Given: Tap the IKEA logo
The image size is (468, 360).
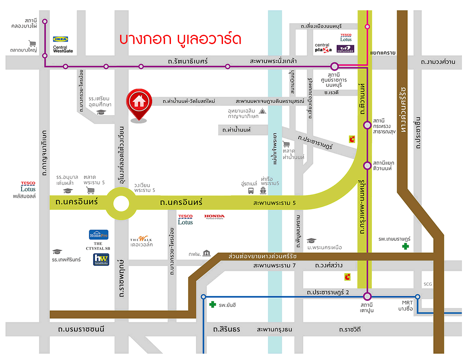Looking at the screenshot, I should coord(61,39).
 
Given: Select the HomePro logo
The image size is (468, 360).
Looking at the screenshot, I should coord(98,234).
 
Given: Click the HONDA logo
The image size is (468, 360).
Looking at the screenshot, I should coord(215,216).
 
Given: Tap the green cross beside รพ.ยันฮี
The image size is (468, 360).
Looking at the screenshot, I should coord(213,304).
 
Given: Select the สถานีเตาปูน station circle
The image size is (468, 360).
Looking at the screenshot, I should coord(368,296).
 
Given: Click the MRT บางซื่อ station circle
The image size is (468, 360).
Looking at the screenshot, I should coord(418,296).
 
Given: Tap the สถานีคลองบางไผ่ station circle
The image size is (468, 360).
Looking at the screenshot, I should coord(45,21).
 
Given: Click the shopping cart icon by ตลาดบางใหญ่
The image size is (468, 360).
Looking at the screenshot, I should coord(32,43).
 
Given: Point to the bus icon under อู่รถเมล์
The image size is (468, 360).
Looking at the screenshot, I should coord(251,191).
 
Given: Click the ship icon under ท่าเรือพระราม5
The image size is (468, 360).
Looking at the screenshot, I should coord(263,191).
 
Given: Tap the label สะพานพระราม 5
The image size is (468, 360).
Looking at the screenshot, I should coord(274,203).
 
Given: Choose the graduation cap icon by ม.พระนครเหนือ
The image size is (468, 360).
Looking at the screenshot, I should coord(311,240).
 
